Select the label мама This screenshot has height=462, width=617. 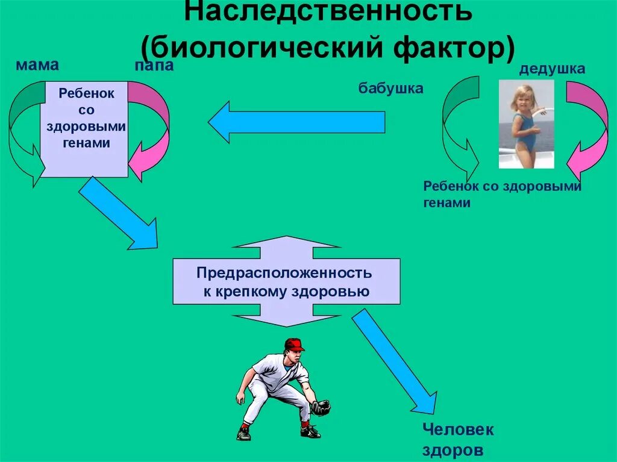[34, 64]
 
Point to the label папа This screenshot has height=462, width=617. [154, 66]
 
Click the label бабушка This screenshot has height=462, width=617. [391, 89]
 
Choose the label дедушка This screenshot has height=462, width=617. [552, 69]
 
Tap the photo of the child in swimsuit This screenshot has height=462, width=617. [526, 123]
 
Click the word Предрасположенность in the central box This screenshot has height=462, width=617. [284, 273]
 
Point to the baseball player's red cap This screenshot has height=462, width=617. [294, 344]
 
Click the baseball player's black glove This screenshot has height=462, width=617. [321, 408]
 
